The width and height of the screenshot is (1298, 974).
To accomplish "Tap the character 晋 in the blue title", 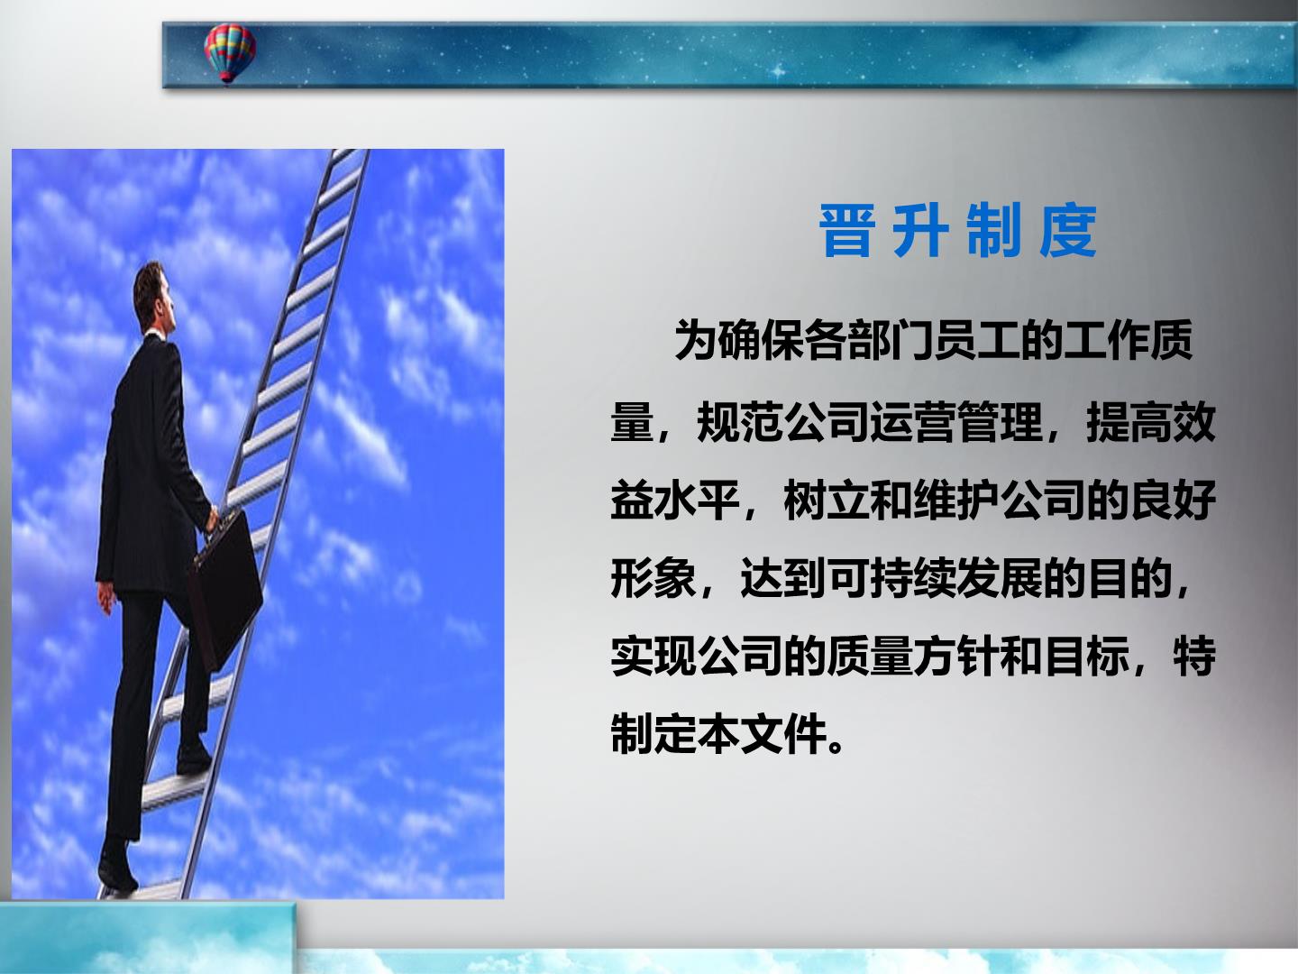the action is pos(847,231).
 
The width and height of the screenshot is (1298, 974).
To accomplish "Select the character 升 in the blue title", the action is pos(920,231).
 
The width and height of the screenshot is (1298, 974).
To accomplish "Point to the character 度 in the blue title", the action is pos(1068,231).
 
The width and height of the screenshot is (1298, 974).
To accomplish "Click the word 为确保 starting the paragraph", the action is pos(738,340).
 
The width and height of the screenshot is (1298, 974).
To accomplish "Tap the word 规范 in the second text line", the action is pos(740,422).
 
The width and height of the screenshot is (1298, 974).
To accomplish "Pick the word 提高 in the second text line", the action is pos(1129,422).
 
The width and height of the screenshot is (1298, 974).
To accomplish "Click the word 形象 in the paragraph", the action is pos(654,578).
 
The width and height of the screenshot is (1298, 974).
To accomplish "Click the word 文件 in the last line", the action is pos(783,734).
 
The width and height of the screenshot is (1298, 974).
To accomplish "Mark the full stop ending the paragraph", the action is pos(836,747).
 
